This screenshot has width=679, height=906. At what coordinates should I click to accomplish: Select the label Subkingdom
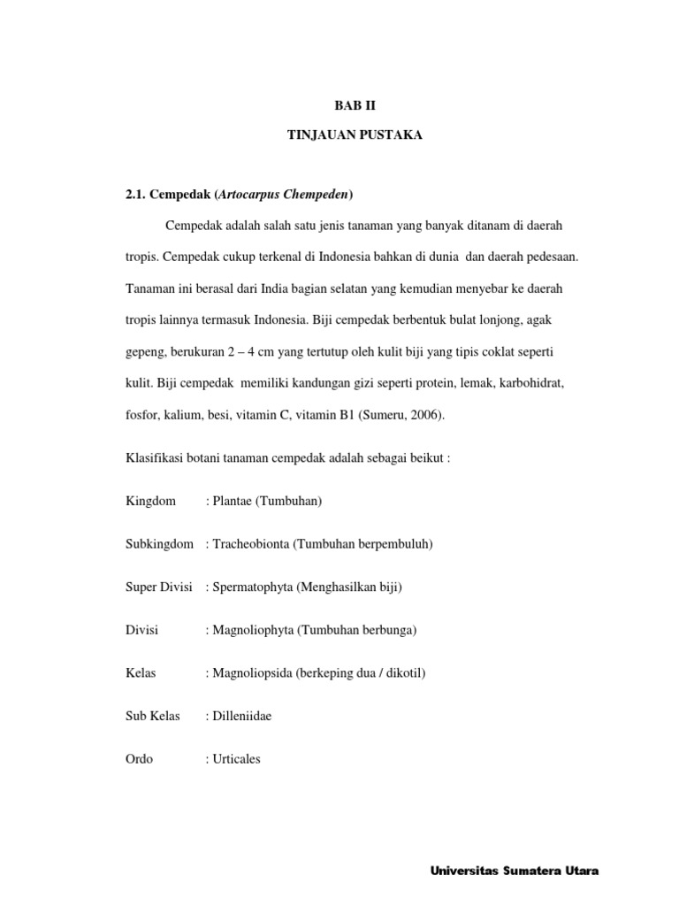(x=160, y=544)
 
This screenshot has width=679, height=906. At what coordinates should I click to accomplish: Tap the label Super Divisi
(x=160, y=587)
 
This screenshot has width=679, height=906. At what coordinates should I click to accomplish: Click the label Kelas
(x=141, y=673)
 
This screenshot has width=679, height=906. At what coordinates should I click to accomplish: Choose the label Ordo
(x=141, y=759)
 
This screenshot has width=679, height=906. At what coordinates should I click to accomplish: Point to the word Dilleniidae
(x=242, y=716)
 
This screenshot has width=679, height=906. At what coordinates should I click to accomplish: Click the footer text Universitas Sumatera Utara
(x=515, y=871)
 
